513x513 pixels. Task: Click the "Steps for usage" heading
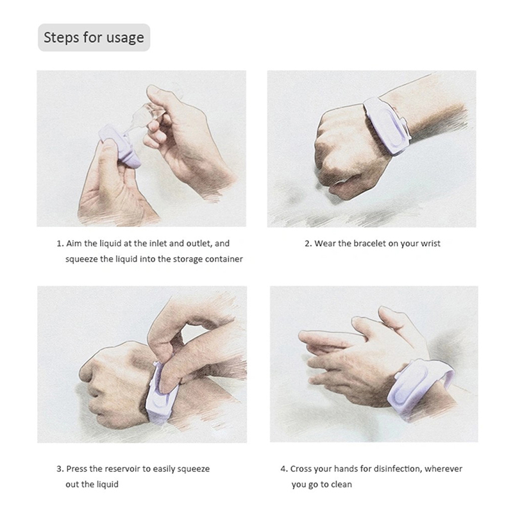tap(94, 37)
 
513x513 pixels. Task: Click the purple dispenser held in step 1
tap(121, 146)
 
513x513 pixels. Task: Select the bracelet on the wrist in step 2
tap(387, 126)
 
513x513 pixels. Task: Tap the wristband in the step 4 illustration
tap(420, 388)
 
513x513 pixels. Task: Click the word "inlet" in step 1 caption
tap(158, 244)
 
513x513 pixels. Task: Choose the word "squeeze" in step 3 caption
tap(193, 469)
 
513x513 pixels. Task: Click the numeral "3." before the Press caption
tap(60, 469)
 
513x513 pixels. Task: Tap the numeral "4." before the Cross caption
tap(284, 469)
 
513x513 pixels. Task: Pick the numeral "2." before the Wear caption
tap(308, 244)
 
